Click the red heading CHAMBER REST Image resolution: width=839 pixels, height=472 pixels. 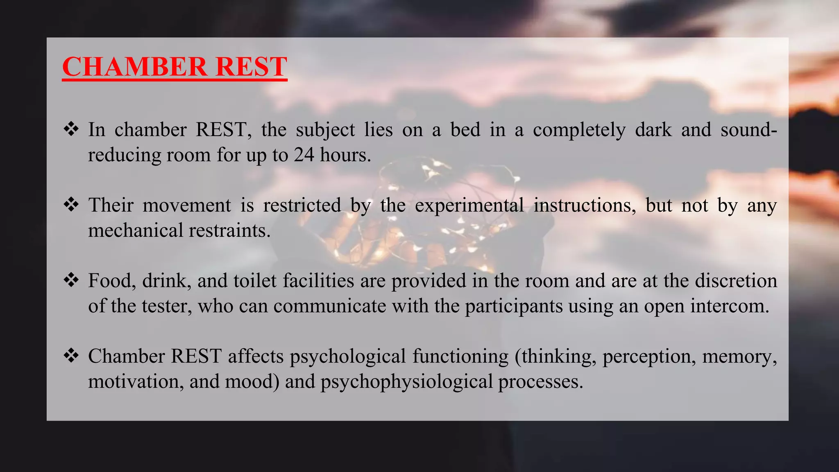175,66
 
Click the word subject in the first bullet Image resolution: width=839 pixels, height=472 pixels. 325,130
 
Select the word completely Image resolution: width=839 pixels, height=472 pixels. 579,130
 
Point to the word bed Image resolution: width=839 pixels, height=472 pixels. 465,130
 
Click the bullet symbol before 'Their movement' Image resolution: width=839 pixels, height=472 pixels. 71,204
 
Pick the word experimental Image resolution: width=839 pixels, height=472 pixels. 469,205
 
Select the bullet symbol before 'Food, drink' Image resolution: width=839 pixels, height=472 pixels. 71,280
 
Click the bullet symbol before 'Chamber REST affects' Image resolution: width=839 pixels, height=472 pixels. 71,356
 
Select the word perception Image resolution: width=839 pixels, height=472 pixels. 649,356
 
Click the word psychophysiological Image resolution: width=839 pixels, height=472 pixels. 406,382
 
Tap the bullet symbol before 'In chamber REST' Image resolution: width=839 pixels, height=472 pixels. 71,129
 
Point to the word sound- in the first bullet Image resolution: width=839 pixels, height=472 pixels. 748,130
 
